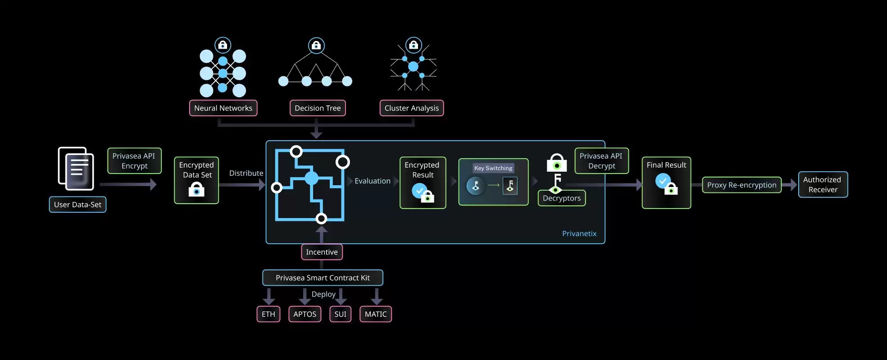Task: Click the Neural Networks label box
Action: (223, 108)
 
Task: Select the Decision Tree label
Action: (318, 108)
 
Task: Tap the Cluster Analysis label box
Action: (411, 108)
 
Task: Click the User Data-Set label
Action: (77, 205)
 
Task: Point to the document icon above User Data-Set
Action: (76, 169)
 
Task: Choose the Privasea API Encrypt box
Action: (134, 161)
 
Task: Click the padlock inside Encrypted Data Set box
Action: (196, 190)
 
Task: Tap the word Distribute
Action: (246, 173)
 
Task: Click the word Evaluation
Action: (372, 181)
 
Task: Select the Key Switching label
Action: (493, 168)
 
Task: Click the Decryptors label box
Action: (561, 198)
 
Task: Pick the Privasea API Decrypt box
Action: (601, 161)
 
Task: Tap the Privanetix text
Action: (579, 233)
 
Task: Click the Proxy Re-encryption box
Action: (741, 185)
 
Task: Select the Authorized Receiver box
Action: (823, 185)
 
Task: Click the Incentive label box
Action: (322, 252)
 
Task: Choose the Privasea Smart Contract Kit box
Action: (323, 278)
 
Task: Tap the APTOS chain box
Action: (305, 314)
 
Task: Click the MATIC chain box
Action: (375, 314)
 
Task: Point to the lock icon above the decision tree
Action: (316, 46)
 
